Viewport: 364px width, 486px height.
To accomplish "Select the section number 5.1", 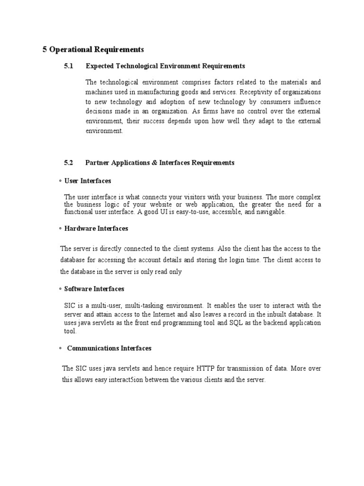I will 69,66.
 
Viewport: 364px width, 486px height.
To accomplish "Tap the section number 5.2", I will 69,163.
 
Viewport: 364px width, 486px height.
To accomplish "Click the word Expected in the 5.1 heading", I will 100,66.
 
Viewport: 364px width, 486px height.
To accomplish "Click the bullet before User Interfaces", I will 60,181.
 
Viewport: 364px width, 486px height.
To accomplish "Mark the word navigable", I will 271,212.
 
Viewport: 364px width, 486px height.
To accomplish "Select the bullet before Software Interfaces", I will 60,289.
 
